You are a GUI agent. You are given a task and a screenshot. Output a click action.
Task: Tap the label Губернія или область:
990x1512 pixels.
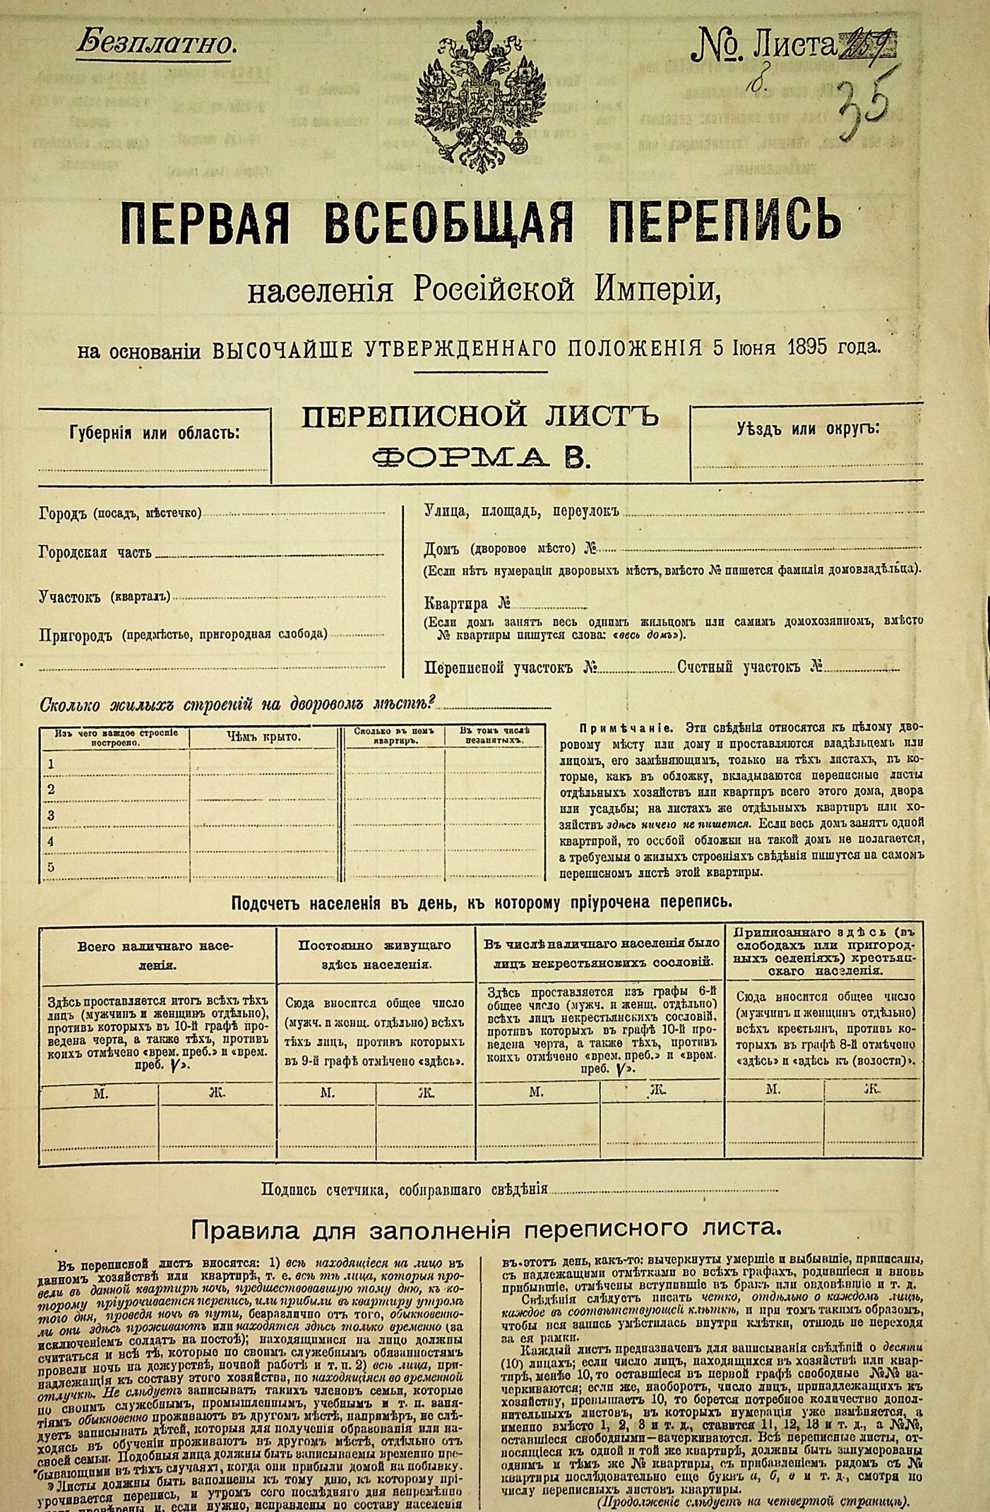155,432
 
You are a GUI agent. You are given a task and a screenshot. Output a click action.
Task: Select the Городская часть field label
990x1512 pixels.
95,553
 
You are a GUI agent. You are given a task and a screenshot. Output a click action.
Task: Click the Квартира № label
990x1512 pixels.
467,604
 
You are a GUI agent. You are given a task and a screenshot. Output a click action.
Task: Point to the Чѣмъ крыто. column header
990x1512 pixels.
263,737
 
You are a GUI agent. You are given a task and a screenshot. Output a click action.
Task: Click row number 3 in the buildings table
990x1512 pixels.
50,816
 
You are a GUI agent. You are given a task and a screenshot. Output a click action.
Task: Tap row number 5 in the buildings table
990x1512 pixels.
50,867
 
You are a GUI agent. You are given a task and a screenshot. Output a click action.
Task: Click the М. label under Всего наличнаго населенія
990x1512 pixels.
100,1093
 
